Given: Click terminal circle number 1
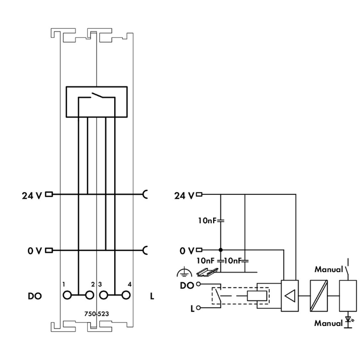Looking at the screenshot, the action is (67, 295).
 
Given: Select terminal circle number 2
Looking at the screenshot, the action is (90, 295).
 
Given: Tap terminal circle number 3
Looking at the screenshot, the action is (104, 295).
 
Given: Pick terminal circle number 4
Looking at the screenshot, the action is (126, 295).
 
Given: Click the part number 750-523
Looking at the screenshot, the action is (96, 313).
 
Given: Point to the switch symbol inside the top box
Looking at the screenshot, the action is (96, 96).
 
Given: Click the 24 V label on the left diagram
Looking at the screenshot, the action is (32, 196).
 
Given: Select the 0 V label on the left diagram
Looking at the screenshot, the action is (35, 251).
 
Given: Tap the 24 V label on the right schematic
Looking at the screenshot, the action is (184, 196).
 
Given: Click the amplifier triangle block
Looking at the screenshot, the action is (290, 296).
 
